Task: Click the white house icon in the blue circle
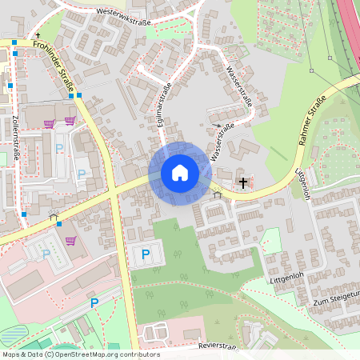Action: coord(179,173)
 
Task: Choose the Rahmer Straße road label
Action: coord(311,120)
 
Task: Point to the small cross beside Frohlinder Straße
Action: coord(38,37)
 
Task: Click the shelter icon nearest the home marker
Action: coord(216,193)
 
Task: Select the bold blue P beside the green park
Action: coord(145,254)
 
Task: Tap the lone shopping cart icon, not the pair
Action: coord(70,239)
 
